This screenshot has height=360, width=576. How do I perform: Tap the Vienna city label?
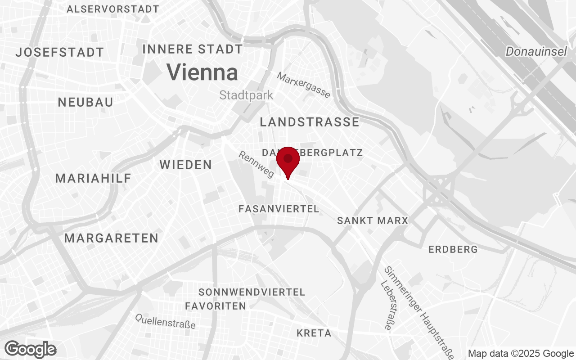(x=202, y=72)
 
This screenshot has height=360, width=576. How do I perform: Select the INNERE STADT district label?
(x=193, y=49)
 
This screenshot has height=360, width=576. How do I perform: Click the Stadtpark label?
(x=246, y=95)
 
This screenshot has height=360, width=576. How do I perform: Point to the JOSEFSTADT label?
(x=60, y=52)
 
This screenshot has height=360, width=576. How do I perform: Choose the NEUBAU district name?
(x=85, y=102)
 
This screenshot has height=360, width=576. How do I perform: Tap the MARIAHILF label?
(x=93, y=178)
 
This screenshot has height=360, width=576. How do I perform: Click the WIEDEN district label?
(x=186, y=165)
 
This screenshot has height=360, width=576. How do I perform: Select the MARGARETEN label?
(x=111, y=238)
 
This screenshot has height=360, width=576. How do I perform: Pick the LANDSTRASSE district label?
(x=310, y=122)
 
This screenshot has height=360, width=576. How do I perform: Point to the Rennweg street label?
(x=256, y=164)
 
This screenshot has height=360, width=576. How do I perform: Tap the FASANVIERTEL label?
(x=279, y=209)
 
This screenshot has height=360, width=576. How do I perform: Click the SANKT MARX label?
(x=372, y=220)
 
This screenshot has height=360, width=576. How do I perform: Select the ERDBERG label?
(x=453, y=249)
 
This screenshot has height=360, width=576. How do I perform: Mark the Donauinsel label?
(x=536, y=52)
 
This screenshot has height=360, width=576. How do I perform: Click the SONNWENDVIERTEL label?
(x=252, y=292)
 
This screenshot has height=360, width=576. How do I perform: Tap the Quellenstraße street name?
(x=166, y=321)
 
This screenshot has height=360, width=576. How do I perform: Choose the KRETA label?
(x=314, y=333)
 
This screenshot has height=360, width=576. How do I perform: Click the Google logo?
(x=31, y=349)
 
